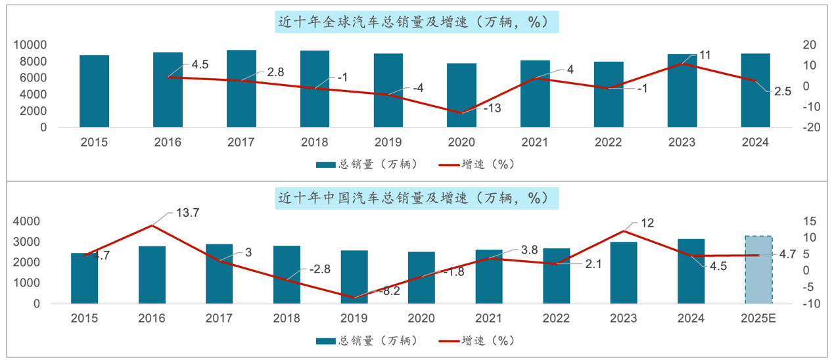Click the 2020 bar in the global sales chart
click(x=462, y=95)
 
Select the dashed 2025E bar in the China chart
click(x=758, y=270)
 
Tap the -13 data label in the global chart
click(x=492, y=108)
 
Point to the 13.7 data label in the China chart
click(x=188, y=212)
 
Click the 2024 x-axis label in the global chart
click(x=755, y=142)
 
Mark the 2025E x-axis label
click(x=758, y=319)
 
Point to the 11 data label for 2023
click(x=705, y=55)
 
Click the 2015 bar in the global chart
click(x=95, y=91)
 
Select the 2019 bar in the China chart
click(x=354, y=277)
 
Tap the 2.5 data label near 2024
click(x=782, y=92)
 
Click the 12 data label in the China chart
click(x=647, y=223)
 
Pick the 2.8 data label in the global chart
click(x=275, y=72)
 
